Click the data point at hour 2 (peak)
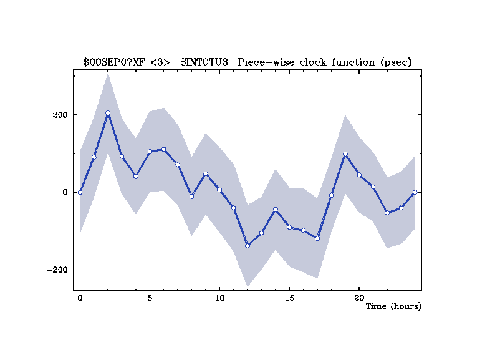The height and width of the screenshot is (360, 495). coord(108,113)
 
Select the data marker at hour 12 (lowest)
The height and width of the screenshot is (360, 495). coord(247,246)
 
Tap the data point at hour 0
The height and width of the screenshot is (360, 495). coord(80,192)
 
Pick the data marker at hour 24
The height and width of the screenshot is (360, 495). coord(415,192)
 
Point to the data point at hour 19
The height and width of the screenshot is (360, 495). coord(345,154)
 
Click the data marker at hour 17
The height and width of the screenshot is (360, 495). coord(317,238)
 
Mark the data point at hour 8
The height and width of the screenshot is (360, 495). coord(191,197)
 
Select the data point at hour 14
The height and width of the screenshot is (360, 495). coord(275,210)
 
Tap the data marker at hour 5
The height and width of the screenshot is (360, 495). coord(150,152)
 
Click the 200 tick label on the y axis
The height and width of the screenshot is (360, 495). coord(60,115)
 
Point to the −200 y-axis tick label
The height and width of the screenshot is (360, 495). coord(56,270)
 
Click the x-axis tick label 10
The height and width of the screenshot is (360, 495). coord(219,298)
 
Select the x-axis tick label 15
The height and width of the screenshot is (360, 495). coord(289,298)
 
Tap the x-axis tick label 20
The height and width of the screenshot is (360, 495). coord(359,298)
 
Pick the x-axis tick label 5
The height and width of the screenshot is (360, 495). coord(150,298)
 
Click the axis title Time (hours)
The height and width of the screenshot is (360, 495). coord(393,306)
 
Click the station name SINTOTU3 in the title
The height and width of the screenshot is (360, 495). coord(204,62)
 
